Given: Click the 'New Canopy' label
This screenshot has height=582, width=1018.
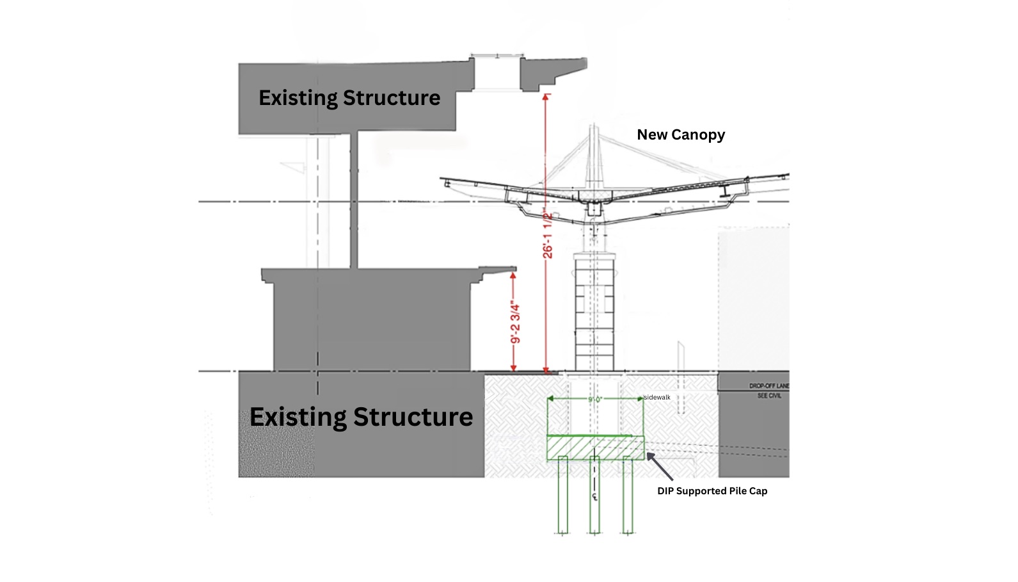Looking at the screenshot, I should point(681,135).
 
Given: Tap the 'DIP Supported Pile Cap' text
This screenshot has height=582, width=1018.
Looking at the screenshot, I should point(712,491).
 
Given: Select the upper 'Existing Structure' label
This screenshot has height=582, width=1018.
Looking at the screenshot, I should point(349,98).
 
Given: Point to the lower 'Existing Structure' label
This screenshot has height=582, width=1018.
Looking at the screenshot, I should point(361,417).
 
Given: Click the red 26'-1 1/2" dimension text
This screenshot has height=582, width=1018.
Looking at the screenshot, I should point(548,233).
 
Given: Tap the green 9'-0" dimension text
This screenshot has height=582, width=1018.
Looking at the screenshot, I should point(595,400).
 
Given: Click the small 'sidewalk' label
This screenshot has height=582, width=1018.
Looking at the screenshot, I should point(657,398).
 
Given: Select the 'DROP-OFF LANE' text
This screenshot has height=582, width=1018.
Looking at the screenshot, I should point(768,386).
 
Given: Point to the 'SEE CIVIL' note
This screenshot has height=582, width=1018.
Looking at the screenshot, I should point(769,396).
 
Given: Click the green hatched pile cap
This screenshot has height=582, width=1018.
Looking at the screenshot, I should point(595,448).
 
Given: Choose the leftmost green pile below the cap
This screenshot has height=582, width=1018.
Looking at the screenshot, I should point(563,496).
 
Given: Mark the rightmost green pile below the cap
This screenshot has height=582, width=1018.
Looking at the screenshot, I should point(628,496).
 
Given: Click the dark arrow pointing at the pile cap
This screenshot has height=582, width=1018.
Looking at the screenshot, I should point(660,466).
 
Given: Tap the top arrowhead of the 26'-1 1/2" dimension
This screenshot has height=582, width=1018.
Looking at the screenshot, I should point(546,97).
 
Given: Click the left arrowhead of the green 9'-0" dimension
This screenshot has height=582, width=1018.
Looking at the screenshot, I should point(550,399).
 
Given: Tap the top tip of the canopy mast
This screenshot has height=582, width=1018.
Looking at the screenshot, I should point(594,127).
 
